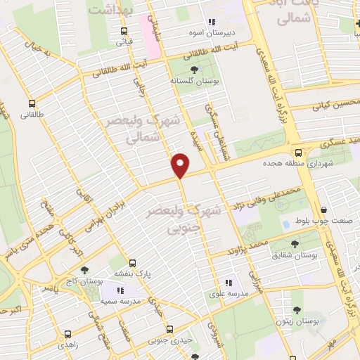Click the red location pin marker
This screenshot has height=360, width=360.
pos(181,164)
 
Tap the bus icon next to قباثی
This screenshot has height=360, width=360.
pos(124,31)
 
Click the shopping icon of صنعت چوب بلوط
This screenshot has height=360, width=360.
pos(323,210)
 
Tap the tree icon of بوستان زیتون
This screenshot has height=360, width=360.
pos(296,309)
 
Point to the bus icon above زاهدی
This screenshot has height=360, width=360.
pos(67,335)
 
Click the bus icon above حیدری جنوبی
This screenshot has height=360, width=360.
pos(169,329)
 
